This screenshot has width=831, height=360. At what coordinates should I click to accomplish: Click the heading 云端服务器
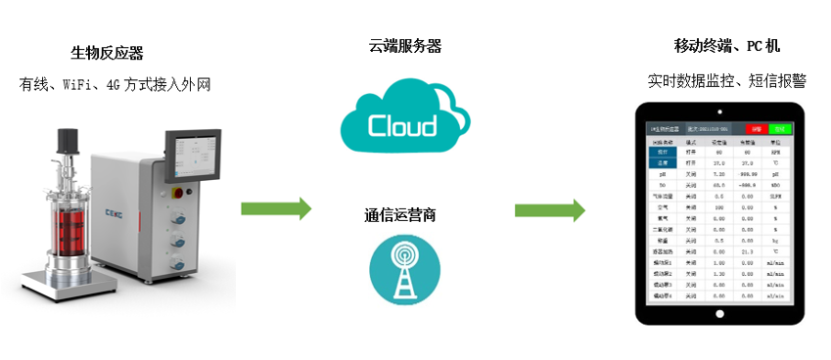(x=404, y=46)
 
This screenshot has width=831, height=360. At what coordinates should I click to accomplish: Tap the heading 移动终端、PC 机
(x=726, y=46)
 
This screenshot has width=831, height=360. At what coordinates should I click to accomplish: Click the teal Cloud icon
(x=401, y=121)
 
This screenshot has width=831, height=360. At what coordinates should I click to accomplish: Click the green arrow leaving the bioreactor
(x=277, y=207)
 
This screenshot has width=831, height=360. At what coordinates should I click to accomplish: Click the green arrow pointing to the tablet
(x=550, y=208)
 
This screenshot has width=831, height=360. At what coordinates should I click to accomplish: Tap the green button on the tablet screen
(x=779, y=128)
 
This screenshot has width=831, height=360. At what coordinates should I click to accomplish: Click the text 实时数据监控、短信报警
(x=725, y=80)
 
